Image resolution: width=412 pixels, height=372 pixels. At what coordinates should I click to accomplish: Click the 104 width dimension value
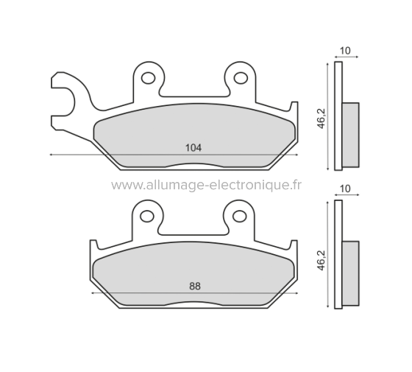click(192, 147)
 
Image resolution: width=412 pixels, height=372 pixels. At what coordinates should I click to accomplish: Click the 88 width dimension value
click(194, 286)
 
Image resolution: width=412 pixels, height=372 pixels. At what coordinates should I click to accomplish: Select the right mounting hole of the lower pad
click(239, 216)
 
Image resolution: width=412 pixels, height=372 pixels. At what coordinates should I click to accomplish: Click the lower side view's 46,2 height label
click(320, 257)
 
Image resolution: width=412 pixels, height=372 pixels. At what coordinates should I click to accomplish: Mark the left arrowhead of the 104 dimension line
click(51, 155)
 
